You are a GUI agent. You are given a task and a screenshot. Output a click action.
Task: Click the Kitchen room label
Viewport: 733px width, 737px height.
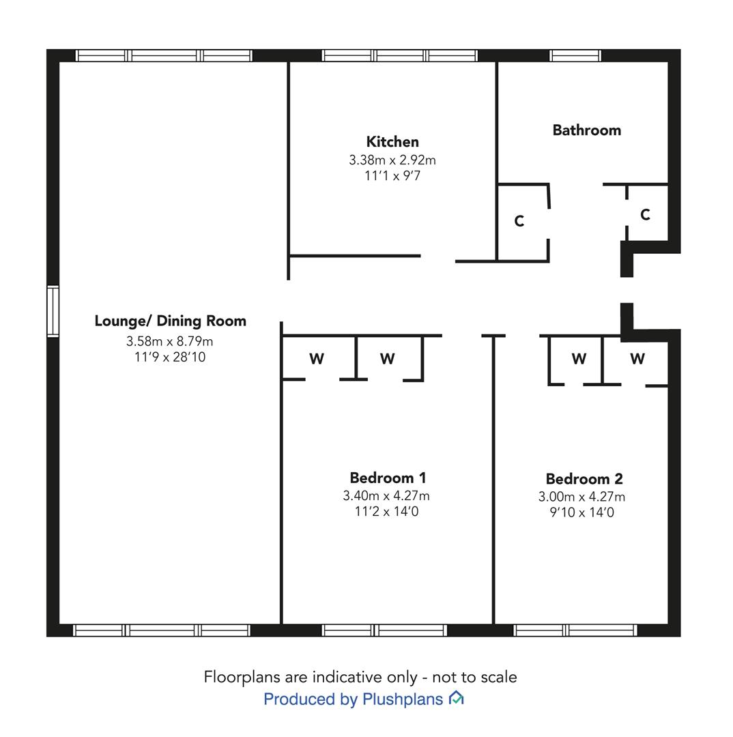coord(392,141)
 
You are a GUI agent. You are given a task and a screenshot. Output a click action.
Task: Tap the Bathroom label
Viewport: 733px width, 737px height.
coord(587,130)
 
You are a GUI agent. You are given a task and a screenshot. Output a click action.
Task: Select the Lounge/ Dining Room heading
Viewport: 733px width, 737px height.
coord(170,321)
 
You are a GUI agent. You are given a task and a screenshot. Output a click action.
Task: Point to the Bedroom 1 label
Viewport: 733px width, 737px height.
coord(388,478)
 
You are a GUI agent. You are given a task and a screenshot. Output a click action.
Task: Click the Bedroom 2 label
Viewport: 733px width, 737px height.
coord(584,478)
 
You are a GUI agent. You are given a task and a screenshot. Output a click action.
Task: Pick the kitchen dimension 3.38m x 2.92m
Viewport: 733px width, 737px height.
coord(392,160)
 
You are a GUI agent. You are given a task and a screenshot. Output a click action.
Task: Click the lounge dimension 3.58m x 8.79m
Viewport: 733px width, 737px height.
coord(169,341)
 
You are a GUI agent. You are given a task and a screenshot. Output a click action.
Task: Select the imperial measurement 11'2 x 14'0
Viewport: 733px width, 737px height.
coord(386,511)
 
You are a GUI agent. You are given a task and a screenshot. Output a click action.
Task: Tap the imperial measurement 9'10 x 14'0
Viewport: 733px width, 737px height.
coord(581,512)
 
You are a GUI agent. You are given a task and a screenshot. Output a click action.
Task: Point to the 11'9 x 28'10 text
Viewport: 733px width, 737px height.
coord(170,357)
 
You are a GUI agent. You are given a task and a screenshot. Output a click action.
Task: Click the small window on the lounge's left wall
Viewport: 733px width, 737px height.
coord(53,311)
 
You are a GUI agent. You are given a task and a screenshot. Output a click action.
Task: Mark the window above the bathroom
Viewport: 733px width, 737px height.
coord(575,55)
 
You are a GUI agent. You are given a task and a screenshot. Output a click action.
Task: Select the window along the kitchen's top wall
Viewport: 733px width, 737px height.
coord(400,55)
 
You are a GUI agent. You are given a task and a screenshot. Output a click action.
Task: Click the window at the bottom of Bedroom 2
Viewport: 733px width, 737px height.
coord(575,631)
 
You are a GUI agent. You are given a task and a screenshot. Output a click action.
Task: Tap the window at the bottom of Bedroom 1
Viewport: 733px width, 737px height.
coord(384,631)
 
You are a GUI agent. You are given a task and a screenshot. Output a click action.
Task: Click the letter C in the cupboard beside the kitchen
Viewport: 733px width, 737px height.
coord(519,221)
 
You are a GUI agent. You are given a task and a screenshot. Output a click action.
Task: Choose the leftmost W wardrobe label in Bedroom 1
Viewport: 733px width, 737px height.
coord(317,359)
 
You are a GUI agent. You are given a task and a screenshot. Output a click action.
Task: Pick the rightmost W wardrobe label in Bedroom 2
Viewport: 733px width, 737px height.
coord(637,359)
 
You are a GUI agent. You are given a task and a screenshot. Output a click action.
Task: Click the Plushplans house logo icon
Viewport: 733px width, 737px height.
coord(456,698)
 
